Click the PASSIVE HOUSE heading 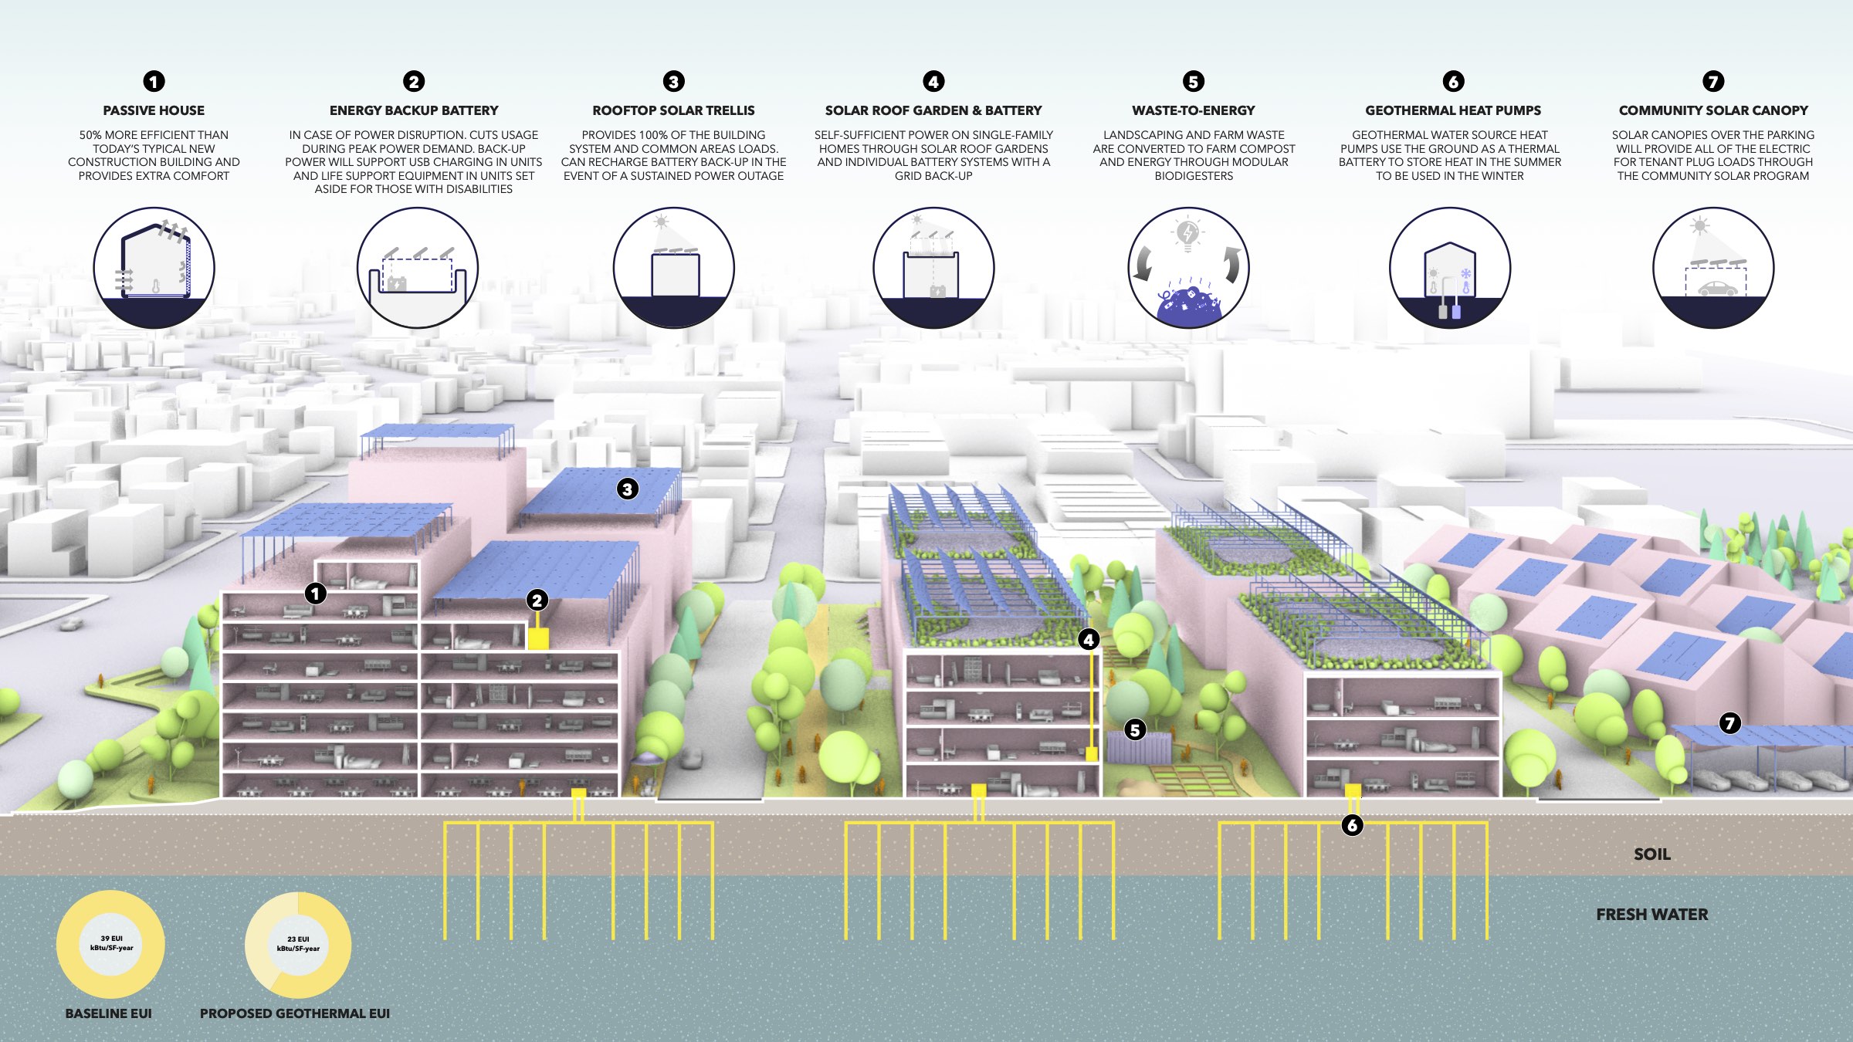tap(154, 110)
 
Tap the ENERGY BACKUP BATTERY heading tap(414, 110)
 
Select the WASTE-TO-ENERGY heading tap(1194, 110)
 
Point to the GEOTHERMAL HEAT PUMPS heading tap(1453, 110)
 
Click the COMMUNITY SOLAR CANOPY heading tap(1713, 110)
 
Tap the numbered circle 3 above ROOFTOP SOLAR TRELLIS tap(674, 81)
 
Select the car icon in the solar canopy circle tap(1717, 289)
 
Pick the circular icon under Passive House tap(154, 268)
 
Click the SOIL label tap(1651, 854)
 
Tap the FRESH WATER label tap(1651, 915)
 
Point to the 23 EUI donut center tap(298, 944)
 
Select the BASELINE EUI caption tap(108, 1013)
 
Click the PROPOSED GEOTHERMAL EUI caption tap(294, 1013)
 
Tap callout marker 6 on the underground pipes tap(1352, 825)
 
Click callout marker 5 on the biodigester tap(1135, 729)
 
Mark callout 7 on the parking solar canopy tap(1729, 723)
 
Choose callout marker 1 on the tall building tap(315, 593)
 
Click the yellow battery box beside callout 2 tap(537, 638)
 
